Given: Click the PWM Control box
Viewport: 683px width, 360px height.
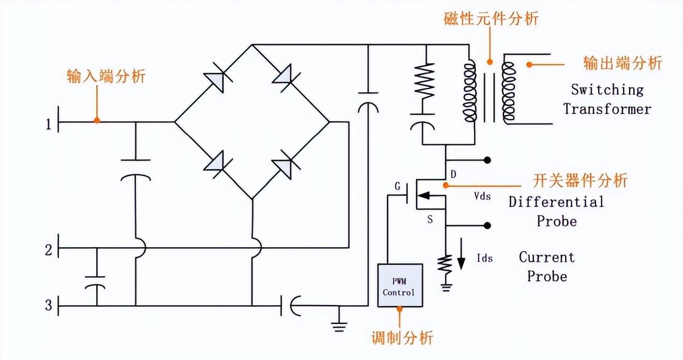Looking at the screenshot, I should [x=399, y=285].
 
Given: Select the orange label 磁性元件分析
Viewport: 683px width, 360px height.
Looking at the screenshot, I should [x=491, y=19].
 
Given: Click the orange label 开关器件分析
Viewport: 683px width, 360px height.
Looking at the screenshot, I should [x=580, y=181].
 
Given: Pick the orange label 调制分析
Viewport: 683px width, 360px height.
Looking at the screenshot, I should [x=402, y=338].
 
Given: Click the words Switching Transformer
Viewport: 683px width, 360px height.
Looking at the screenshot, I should [x=607, y=99].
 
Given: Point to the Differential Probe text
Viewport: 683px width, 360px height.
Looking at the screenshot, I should [x=556, y=211].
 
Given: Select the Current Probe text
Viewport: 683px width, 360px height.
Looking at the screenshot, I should [x=547, y=266].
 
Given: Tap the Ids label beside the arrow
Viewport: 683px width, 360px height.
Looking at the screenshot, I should [x=484, y=258].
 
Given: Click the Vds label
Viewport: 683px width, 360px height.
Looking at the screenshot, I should [x=482, y=197].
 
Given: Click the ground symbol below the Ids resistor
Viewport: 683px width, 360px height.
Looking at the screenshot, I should [x=445, y=286].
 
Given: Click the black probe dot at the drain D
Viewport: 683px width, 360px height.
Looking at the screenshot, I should [x=487, y=160].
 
